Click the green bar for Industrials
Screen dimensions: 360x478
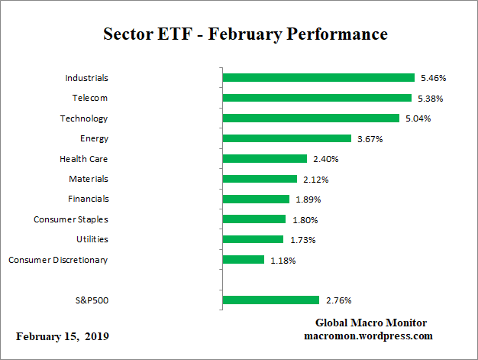point(318,78)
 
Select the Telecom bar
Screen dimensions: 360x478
point(316,98)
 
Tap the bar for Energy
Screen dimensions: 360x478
point(286,138)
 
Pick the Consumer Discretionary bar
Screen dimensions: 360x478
point(243,260)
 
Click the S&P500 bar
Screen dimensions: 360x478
point(270,300)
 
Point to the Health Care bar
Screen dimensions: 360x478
point(264,159)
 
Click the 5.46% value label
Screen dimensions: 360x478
point(432,78)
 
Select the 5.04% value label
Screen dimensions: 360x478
point(417,118)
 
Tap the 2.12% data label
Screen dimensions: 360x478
point(315,179)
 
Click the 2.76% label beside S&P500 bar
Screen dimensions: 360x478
point(337,300)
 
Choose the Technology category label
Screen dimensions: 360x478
point(84,118)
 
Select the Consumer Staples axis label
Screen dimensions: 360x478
point(70,219)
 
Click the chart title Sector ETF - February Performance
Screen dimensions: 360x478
point(245,34)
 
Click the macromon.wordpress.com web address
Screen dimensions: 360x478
point(369,336)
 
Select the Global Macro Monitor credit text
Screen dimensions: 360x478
point(371,323)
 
